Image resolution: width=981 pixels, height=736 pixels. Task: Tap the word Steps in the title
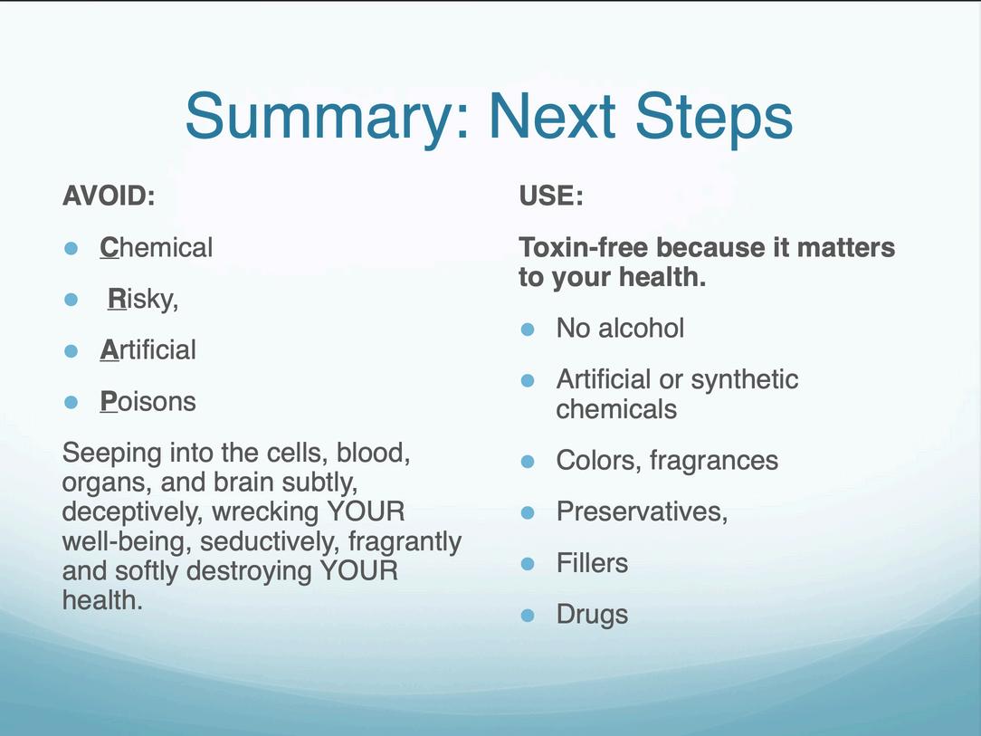[x=714, y=117]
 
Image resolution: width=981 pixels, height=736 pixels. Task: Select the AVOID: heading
[x=109, y=196]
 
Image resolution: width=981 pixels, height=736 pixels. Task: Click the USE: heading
[x=551, y=196]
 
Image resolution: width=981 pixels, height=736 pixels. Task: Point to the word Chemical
[x=157, y=247]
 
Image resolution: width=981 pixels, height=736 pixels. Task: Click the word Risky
[x=143, y=299]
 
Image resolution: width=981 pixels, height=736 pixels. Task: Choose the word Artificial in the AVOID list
[x=148, y=349]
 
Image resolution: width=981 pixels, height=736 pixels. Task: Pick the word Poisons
[x=148, y=401]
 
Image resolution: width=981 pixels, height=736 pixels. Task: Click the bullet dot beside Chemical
[x=71, y=248]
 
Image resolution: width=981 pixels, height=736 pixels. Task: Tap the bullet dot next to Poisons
[x=71, y=403]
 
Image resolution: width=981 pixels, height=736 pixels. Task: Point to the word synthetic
[x=745, y=379]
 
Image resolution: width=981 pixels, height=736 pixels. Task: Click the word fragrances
[x=714, y=461]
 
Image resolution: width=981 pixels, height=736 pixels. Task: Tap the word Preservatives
[x=642, y=512]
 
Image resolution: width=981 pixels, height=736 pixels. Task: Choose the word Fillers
[x=592, y=563]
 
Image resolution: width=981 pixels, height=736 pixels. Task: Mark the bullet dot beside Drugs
[x=528, y=616]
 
